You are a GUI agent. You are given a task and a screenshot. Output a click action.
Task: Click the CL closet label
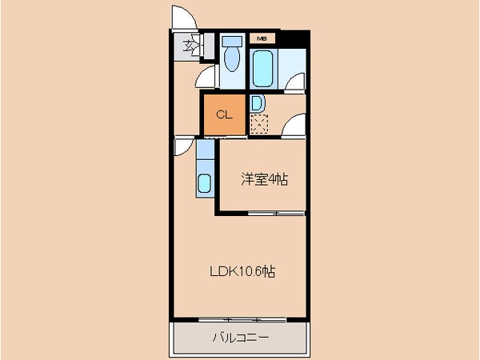point(225,114)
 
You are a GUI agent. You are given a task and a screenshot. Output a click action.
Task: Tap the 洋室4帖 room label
point(264,180)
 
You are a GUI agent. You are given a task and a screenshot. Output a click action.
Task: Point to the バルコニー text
point(240,338)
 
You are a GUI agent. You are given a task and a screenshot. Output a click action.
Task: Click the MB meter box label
point(262,38)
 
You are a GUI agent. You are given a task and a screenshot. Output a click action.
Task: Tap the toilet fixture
point(233,60)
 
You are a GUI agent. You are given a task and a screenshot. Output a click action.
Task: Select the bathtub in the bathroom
point(263,69)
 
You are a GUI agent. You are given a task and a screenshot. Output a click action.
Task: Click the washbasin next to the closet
point(257,103)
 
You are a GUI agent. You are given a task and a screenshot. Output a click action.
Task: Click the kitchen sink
point(205,184)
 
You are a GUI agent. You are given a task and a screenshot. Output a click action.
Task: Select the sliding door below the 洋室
point(276,214)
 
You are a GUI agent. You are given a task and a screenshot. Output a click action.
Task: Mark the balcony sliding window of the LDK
point(240,319)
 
